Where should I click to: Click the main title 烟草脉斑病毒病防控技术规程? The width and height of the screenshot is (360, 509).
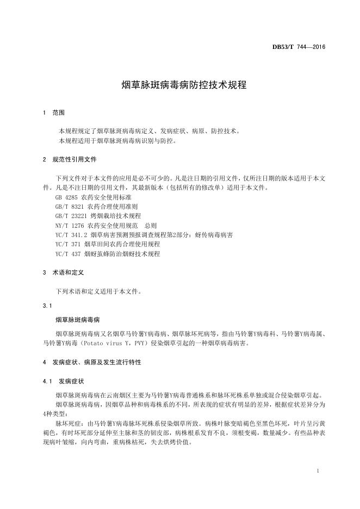tap(179, 85)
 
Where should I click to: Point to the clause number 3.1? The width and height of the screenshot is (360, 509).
tap(46, 305)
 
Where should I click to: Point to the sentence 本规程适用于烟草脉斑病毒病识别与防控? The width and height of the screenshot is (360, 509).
tap(116, 141)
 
